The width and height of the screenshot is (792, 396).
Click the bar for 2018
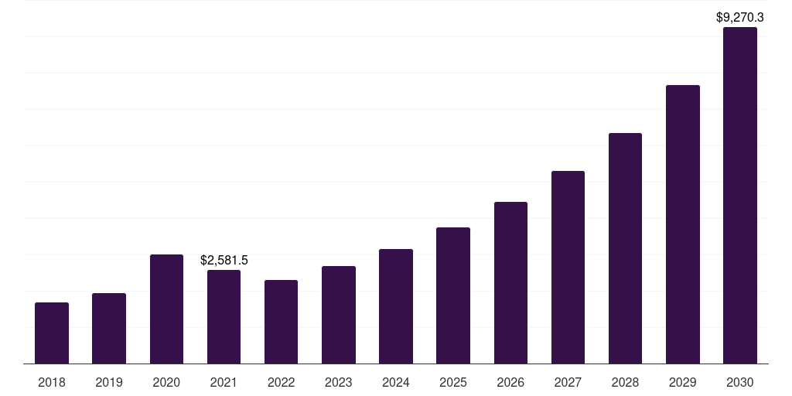(52, 333)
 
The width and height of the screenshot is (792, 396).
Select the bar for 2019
(109, 329)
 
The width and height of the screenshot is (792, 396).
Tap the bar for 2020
(166, 309)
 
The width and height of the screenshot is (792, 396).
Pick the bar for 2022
(281, 322)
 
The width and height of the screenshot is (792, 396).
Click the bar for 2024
(396, 306)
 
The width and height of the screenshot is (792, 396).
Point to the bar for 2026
(510, 283)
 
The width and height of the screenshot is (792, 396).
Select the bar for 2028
(625, 248)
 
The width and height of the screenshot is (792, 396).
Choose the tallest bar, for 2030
(739, 196)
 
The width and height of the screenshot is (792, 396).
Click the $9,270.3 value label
(739, 16)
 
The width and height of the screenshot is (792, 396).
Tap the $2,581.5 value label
(224, 260)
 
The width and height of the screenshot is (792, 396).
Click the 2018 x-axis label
(52, 382)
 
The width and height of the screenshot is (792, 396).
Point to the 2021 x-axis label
(224, 382)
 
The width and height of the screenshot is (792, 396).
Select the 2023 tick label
(339, 382)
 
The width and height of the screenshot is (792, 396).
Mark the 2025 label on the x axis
(453, 382)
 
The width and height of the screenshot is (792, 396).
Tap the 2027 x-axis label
(568, 382)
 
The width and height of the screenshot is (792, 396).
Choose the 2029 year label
(682, 382)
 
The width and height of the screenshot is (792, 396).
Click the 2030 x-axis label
(739, 382)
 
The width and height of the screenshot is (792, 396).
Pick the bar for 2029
(682, 224)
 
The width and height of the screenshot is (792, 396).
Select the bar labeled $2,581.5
(224, 317)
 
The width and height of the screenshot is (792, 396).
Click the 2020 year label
(166, 382)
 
